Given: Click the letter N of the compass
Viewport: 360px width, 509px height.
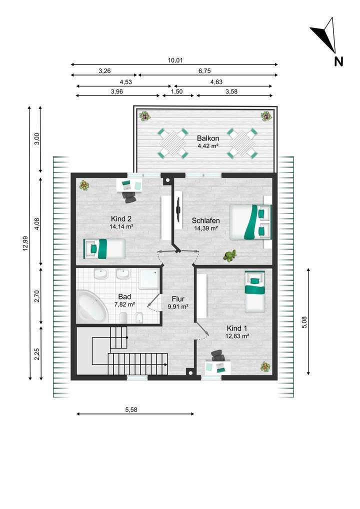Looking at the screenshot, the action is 338,61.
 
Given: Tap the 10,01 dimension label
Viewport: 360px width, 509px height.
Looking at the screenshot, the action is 175,60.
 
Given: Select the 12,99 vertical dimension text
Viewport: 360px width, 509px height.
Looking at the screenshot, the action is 25,243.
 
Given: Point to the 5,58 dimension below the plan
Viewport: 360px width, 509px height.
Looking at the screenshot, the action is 131,409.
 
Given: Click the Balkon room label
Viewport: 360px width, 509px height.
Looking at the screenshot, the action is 208,138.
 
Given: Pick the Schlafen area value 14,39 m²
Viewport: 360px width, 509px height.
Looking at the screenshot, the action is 206,228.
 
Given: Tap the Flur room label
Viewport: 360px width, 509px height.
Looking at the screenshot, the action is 178,299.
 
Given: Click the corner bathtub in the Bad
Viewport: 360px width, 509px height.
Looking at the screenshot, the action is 92,306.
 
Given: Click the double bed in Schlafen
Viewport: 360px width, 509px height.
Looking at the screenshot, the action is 250,221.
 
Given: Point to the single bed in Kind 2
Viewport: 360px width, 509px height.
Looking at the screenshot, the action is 104,248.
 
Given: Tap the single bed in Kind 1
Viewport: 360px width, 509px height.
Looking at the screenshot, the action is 255,291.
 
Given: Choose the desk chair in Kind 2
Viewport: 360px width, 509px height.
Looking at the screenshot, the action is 129,196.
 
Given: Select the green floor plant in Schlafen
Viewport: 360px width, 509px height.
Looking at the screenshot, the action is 230,256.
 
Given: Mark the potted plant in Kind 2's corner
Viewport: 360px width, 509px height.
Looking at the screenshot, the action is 84,185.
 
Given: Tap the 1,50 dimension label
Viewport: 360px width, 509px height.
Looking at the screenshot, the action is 176,91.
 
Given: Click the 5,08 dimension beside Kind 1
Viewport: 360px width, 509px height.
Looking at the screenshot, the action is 304,322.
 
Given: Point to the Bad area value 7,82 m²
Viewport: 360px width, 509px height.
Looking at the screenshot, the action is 124,304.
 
